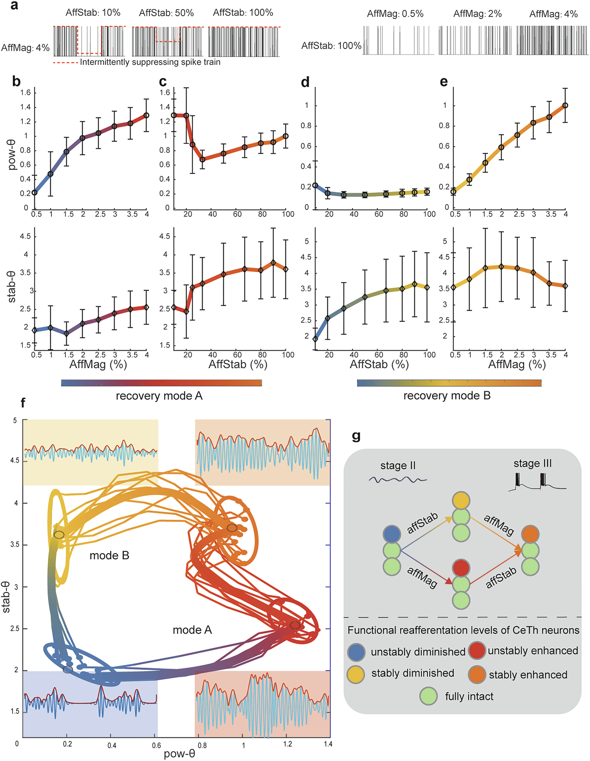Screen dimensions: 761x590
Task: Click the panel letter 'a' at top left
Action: pos(14,5)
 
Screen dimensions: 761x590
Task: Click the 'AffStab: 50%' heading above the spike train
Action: pos(166,13)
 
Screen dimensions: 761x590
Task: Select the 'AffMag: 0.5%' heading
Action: pos(395,14)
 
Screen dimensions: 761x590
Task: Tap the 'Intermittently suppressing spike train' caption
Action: pos(150,62)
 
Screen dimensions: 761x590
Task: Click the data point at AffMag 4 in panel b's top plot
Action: pos(147,115)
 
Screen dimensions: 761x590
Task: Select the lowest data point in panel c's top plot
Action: pos(202,160)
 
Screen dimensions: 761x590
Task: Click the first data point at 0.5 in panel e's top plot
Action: pos(454,192)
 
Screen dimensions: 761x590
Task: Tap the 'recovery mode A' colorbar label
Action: pos(159,396)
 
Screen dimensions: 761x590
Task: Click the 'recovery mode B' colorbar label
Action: pos(447,396)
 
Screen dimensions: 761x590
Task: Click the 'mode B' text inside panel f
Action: pos(109,555)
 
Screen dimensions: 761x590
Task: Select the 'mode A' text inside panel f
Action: pos(193,630)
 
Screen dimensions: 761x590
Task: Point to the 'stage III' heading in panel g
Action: pos(532,463)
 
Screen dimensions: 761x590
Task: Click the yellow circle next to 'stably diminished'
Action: pos(356,674)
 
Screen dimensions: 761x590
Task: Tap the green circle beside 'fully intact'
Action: pos(428,696)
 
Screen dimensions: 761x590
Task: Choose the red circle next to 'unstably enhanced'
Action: pos(477,651)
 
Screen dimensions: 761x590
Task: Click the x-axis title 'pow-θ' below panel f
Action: pos(179,754)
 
